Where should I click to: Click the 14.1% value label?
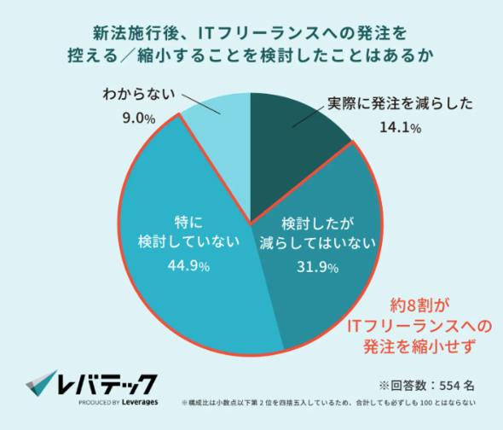[x=400, y=128]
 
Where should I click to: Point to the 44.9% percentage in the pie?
[x=185, y=265]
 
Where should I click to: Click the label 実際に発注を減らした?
[x=400, y=105]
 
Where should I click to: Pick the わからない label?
[x=136, y=95]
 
